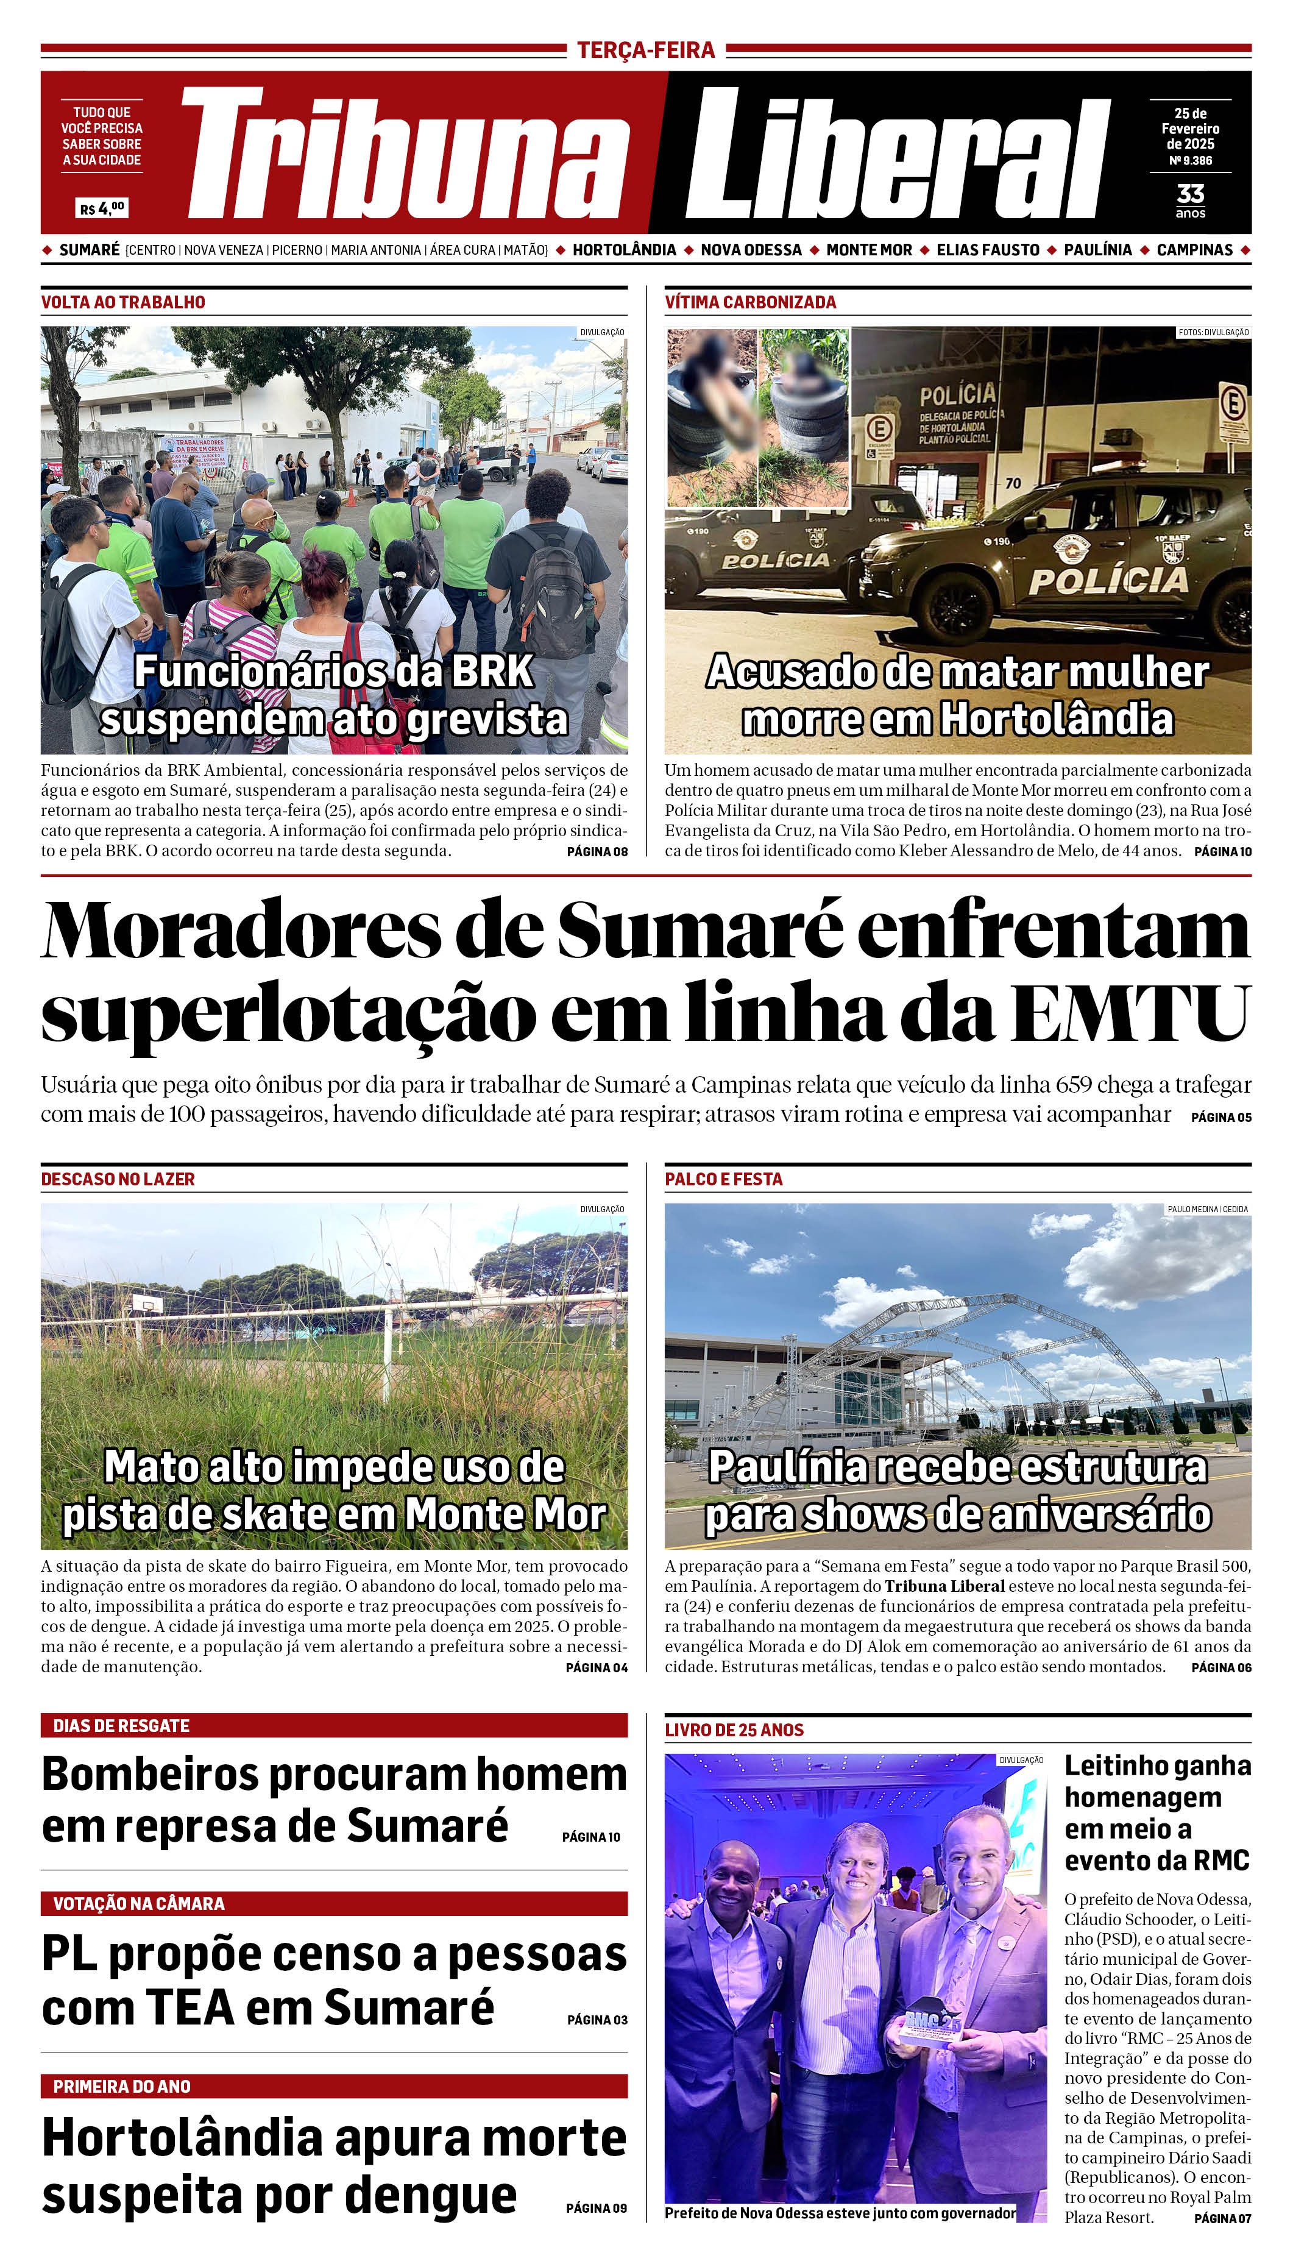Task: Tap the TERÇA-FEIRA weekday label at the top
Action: (646, 50)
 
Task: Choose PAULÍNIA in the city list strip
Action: (1097, 250)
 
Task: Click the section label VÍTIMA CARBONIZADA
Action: (751, 302)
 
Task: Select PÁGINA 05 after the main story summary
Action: (1221, 1117)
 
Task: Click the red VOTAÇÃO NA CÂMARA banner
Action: (334, 1903)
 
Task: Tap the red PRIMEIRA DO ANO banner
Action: (334, 2087)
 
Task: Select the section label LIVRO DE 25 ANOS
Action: (734, 1730)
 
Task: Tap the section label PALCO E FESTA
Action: (724, 1179)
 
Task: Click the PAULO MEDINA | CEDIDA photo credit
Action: (1207, 1209)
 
